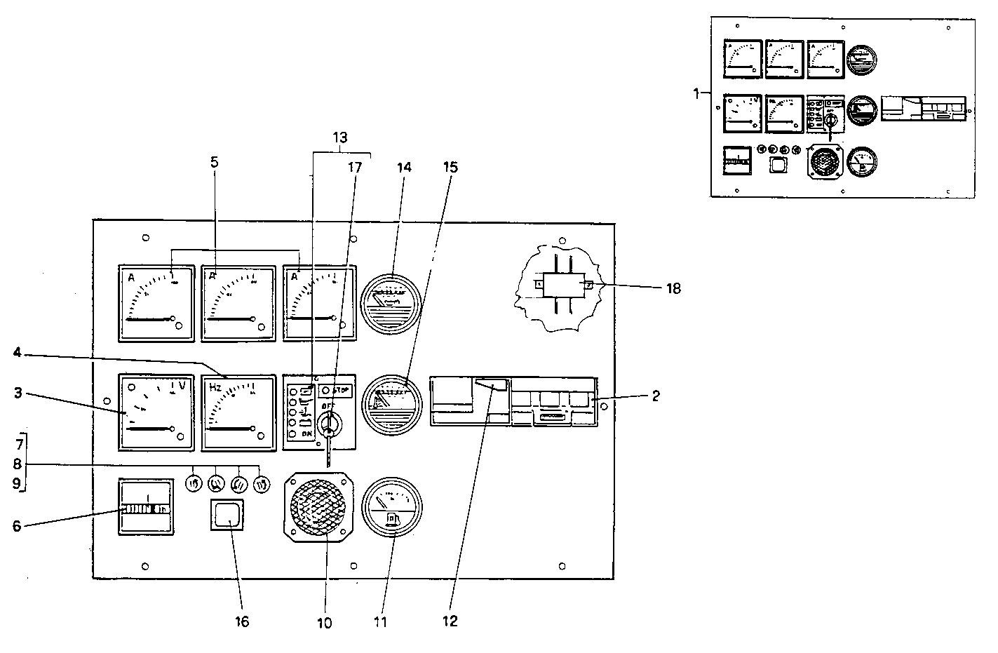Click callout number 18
673,288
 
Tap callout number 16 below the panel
241,621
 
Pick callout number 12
450,621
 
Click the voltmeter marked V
156,411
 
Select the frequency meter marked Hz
238,412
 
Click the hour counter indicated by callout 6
145,508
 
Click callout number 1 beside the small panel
696,93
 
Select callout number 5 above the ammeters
215,162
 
